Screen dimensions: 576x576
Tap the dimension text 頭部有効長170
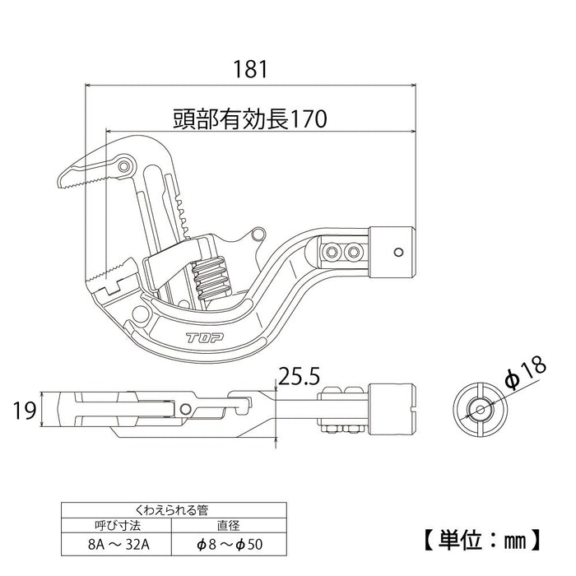250,119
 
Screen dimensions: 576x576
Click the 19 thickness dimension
26,409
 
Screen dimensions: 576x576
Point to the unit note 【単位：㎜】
493,540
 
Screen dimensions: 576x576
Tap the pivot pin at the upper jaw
125,167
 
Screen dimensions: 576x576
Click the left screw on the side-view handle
332,250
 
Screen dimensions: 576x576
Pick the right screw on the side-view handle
354,250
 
